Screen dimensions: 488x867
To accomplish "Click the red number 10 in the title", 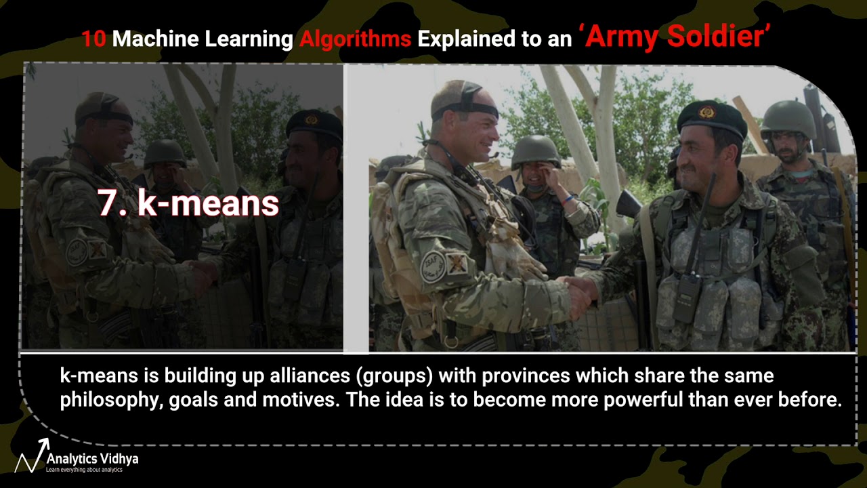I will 93,39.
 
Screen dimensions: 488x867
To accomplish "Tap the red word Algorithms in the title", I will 355,39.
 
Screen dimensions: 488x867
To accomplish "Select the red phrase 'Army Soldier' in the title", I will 676,37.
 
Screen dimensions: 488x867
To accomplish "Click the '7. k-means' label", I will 188,202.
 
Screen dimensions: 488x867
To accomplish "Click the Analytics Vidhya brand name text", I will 92,459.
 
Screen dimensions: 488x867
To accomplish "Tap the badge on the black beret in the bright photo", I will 707,112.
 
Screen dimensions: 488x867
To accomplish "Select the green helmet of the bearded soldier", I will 788,118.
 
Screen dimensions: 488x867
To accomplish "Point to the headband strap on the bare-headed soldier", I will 466,108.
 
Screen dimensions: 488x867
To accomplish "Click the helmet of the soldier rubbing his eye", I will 535,150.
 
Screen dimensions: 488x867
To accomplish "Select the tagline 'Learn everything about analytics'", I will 84,470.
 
